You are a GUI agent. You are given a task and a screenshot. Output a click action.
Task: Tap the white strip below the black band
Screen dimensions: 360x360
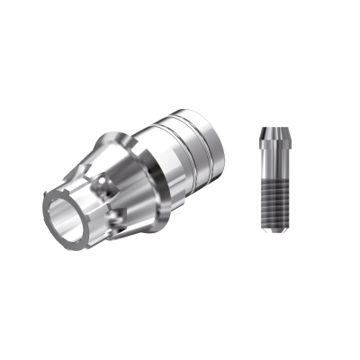click(x=180, y=324)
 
